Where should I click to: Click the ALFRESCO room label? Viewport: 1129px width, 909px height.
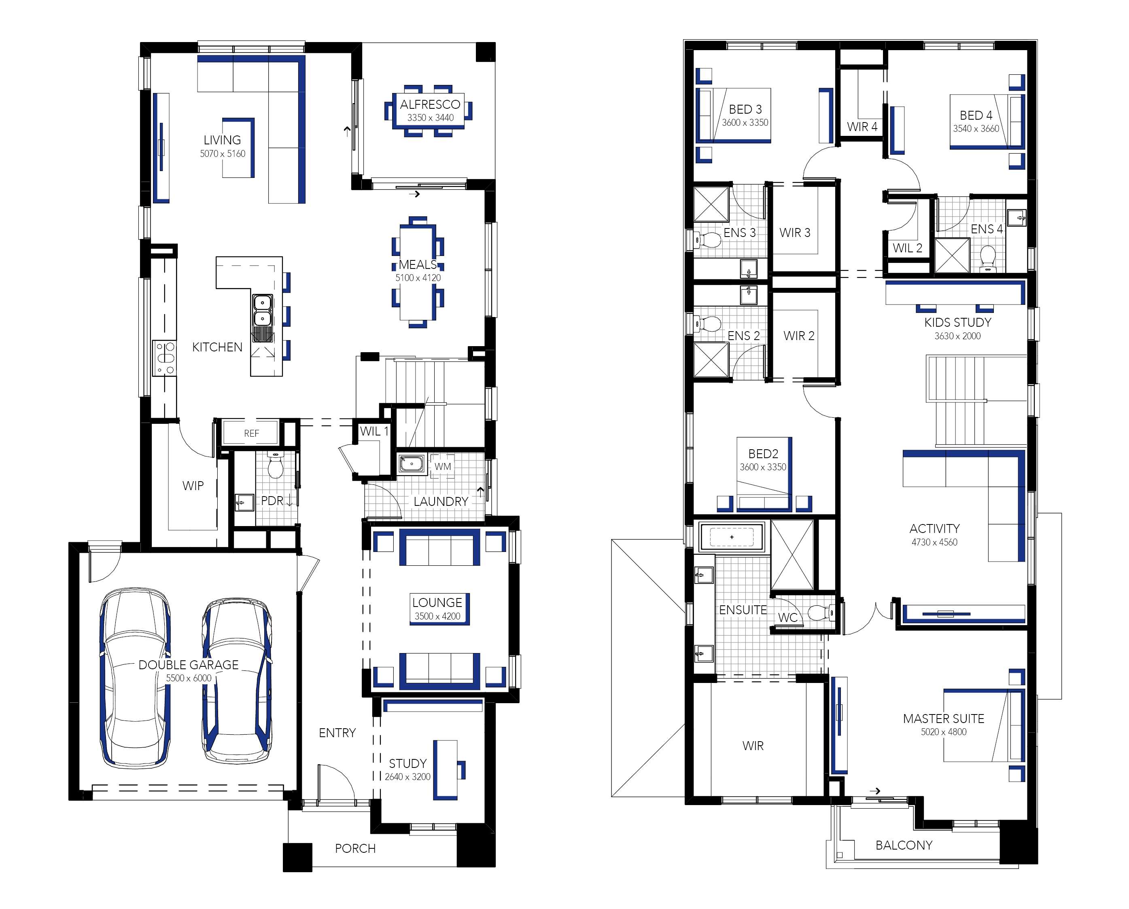(430, 104)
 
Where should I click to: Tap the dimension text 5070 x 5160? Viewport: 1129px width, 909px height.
(222, 153)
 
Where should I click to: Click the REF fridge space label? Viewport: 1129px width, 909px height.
(251, 433)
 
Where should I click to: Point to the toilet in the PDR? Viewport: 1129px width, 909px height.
(275, 465)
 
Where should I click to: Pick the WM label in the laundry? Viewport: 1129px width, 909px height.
(443, 466)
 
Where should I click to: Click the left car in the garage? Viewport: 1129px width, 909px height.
(136, 678)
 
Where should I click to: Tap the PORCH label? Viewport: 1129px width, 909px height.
(355, 848)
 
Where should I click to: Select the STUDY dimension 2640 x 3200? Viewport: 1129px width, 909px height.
(407, 776)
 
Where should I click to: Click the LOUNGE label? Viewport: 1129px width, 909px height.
(437, 602)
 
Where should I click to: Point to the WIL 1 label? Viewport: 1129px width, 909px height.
(374, 431)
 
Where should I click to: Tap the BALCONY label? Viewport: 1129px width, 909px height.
(904, 845)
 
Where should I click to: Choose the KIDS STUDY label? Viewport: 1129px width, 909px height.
(958, 322)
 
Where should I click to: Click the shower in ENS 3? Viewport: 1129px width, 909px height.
(711, 203)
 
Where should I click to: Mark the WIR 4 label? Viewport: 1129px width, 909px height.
(862, 127)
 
